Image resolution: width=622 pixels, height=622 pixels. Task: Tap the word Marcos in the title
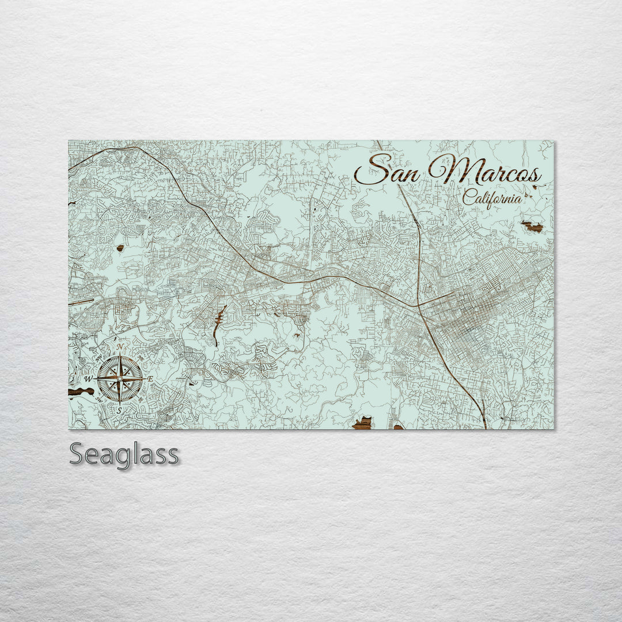coord(484,170)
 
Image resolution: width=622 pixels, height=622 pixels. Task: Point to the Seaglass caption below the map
coord(124,454)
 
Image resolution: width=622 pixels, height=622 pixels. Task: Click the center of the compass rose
coord(119,378)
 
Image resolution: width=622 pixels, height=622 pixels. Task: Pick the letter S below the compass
coord(119,411)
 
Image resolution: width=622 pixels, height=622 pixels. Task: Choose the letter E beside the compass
coord(150,379)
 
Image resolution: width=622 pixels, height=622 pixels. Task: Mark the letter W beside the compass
coord(88,379)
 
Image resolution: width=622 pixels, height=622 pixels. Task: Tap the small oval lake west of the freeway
coord(120,248)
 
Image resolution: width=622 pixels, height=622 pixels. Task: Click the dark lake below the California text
coord(533,226)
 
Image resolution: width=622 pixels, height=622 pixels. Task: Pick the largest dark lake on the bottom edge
coord(362,424)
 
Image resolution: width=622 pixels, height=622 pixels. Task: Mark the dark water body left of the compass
coord(80,392)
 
